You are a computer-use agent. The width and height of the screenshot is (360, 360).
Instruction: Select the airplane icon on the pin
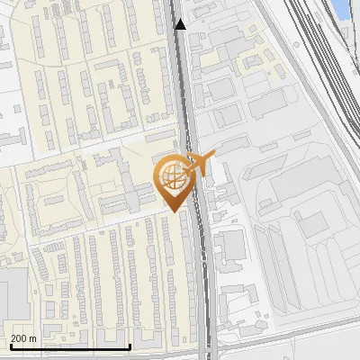pos(201,164)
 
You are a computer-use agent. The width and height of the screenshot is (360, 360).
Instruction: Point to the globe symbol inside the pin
pos(171,175)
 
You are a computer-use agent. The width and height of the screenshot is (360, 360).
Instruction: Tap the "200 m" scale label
pos(23,338)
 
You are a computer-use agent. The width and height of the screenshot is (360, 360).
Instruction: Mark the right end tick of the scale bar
pos(130,345)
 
